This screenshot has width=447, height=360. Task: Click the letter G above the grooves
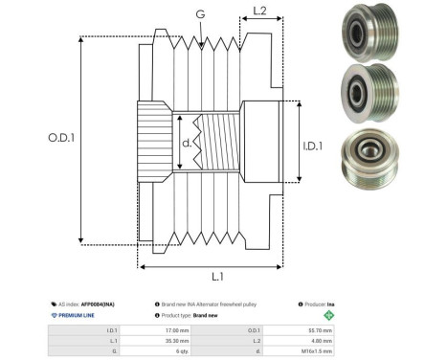coord(199,13)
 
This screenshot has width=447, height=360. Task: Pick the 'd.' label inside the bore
coord(187,143)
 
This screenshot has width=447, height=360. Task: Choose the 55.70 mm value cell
coord(321,328)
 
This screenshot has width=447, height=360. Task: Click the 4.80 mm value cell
coord(321,340)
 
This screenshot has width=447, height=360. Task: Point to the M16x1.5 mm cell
coord(321,351)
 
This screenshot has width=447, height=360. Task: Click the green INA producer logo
coord(330,315)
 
